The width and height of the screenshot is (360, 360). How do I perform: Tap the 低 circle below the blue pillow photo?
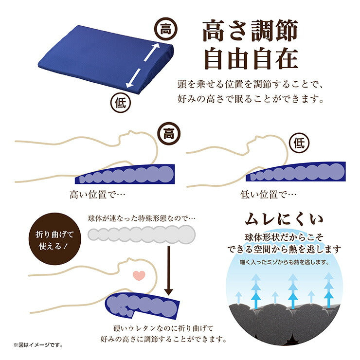click(120, 103)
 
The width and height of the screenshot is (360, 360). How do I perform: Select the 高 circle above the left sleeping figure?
click(169, 133)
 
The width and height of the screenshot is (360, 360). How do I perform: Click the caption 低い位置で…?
click(268, 195)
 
